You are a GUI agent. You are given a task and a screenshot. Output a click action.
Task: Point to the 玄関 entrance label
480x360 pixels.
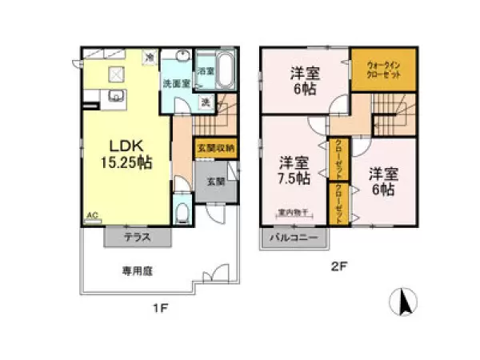tap(215, 181)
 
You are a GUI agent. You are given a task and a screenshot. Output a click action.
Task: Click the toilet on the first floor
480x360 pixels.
tap(183, 213)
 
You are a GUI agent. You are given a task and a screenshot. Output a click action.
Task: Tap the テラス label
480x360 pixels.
tap(138, 238)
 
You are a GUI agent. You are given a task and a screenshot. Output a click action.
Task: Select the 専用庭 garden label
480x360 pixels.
tap(138, 270)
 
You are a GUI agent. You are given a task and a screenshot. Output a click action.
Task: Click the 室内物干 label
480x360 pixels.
tap(294, 212)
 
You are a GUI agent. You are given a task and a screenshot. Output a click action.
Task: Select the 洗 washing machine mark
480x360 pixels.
tap(206, 102)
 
